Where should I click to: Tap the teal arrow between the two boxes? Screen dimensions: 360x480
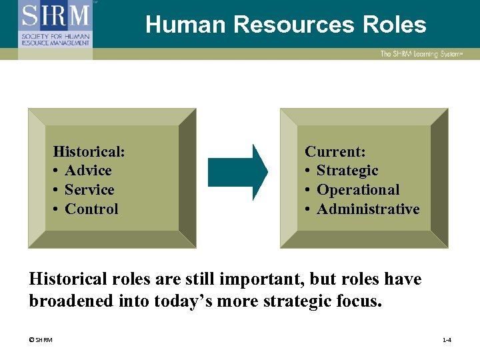coord(237,172)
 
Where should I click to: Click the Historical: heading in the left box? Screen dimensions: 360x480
coord(89,151)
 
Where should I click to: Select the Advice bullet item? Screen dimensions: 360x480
coord(88,171)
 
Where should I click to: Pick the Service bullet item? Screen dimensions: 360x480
coord(89,190)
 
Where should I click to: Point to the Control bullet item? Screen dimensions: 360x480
coord(91,209)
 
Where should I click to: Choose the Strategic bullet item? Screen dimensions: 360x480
coord(347,171)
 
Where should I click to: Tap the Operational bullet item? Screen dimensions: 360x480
coord(358,190)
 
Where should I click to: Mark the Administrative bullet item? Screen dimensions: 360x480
coord(368,209)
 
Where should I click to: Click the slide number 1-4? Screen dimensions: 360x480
coord(447,341)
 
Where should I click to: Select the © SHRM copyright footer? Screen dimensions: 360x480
coord(41,341)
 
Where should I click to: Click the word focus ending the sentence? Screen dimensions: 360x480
coord(361,301)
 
